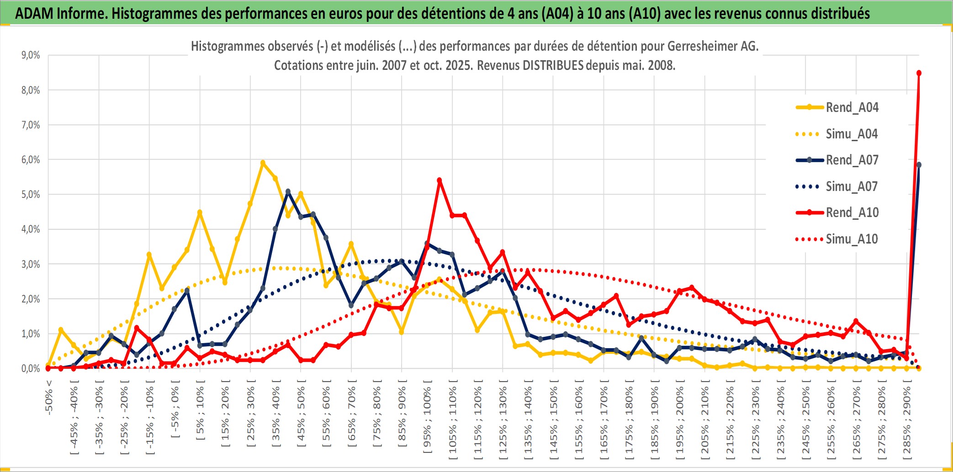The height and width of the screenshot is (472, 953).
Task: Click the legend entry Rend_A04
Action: [852, 107]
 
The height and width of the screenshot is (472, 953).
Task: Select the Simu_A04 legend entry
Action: [852, 134]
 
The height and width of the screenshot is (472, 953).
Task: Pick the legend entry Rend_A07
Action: [852, 160]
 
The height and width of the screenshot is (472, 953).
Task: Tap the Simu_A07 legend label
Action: [852, 186]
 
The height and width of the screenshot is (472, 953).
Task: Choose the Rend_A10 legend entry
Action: [852, 212]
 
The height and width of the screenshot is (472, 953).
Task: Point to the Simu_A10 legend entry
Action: [852, 239]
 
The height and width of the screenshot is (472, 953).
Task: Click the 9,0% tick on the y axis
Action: [31, 55]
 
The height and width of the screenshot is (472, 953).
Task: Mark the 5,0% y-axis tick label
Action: [31, 195]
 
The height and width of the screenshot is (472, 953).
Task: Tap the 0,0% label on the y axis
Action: [31, 368]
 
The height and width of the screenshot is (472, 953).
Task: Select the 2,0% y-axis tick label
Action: [31, 299]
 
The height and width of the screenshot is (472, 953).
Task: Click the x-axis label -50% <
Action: [49, 398]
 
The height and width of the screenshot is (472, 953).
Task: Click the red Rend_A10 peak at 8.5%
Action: [919, 73]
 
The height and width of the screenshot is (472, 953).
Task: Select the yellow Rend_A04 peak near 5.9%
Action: [263, 163]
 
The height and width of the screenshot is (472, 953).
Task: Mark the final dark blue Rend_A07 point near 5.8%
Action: [919, 165]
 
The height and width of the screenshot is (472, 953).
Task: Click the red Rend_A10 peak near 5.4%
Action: [439, 180]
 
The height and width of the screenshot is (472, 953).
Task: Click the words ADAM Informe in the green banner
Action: [61, 14]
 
